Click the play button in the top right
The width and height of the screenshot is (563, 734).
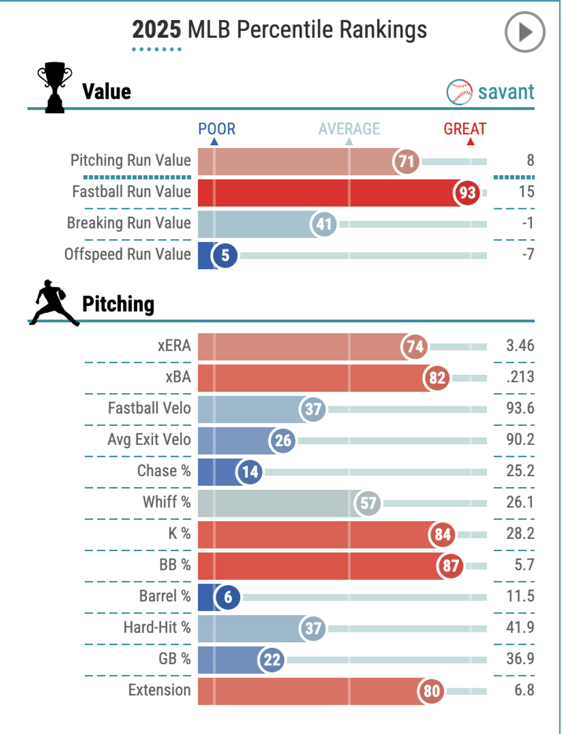click(525, 33)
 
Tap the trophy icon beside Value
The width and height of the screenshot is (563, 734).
click(55, 90)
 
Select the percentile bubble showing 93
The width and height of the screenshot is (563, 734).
click(467, 193)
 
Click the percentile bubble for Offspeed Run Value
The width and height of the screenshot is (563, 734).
click(225, 255)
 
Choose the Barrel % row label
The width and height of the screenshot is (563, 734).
click(165, 596)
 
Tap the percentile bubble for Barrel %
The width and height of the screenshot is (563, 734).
click(228, 597)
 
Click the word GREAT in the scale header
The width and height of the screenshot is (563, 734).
click(465, 129)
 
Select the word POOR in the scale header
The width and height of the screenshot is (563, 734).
click(217, 129)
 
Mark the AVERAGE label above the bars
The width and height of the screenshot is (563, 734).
click(349, 129)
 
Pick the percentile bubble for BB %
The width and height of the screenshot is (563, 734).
click(452, 566)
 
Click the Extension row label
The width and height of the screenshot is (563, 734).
click(159, 690)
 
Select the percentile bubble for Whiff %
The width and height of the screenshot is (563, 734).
click(368, 503)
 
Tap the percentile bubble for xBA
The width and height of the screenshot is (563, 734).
click(438, 378)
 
